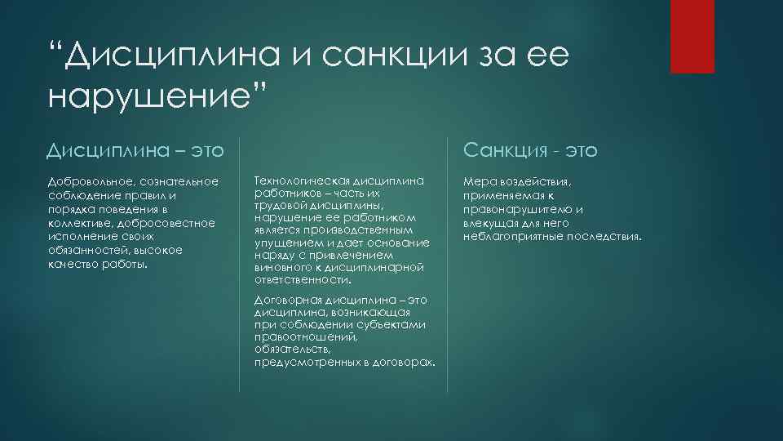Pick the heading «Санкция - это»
pyautogui.click(x=530, y=150)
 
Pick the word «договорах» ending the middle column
pyautogui.click(x=408, y=360)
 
